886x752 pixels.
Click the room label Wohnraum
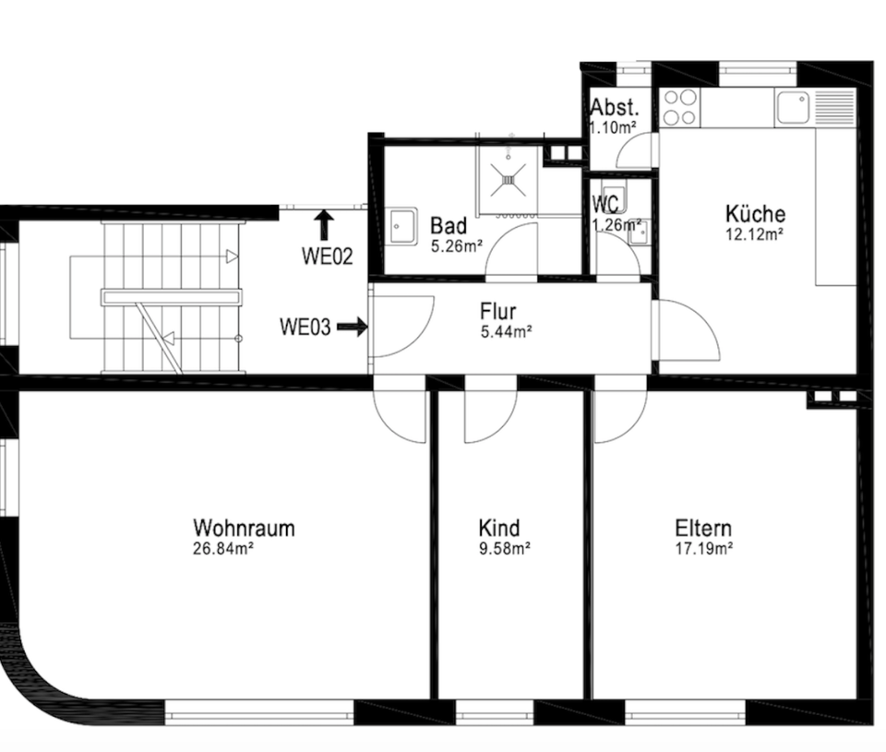pyautogui.click(x=244, y=528)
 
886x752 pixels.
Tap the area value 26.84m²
pyautogui.click(x=223, y=548)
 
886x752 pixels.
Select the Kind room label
pyautogui.click(x=498, y=528)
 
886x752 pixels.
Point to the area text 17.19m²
pyautogui.click(x=703, y=548)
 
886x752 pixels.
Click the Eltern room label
pyautogui.click(x=703, y=528)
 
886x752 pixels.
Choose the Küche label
pyautogui.click(x=755, y=214)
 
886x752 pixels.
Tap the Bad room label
pyautogui.click(x=449, y=226)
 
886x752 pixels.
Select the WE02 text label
pyautogui.click(x=327, y=257)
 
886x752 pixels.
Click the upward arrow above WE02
pyautogui.click(x=323, y=224)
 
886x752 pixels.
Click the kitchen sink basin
pyautogui.click(x=792, y=107)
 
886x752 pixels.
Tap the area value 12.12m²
pyautogui.click(x=755, y=234)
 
